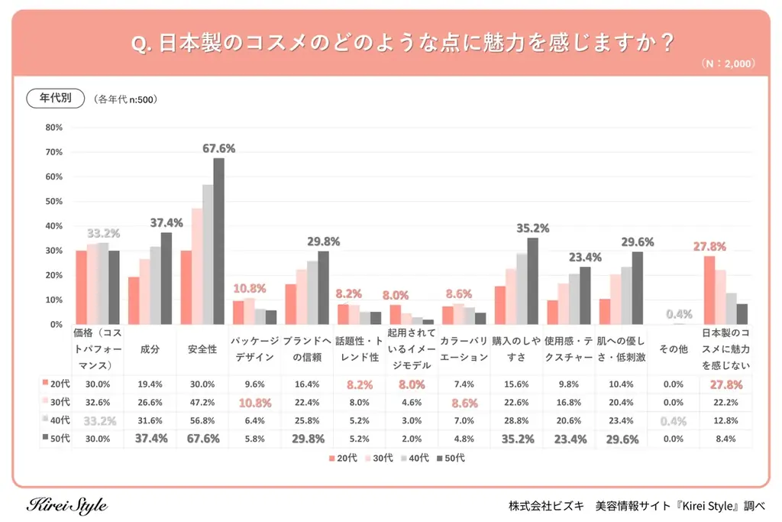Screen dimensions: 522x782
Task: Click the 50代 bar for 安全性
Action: pos(219,241)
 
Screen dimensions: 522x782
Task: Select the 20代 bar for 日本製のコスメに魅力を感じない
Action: pos(709,290)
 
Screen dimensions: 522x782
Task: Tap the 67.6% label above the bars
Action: pos(218,148)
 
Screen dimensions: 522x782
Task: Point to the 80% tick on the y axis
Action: pos(53,128)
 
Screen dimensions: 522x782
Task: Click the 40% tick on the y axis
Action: pos(53,226)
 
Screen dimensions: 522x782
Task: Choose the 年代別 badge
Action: pos(55,99)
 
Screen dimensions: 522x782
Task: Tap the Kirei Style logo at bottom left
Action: pos(67,506)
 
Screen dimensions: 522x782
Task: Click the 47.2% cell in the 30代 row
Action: pos(202,402)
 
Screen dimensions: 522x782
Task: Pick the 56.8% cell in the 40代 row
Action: pos(202,420)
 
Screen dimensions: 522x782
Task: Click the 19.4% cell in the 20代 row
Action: pos(150,384)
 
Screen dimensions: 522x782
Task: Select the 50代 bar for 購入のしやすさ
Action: pos(532,280)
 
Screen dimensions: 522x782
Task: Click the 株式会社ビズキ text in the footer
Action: pos(546,506)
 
